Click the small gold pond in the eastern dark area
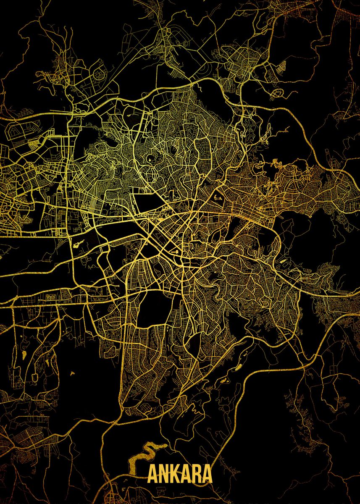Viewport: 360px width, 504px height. tap(282, 261)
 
